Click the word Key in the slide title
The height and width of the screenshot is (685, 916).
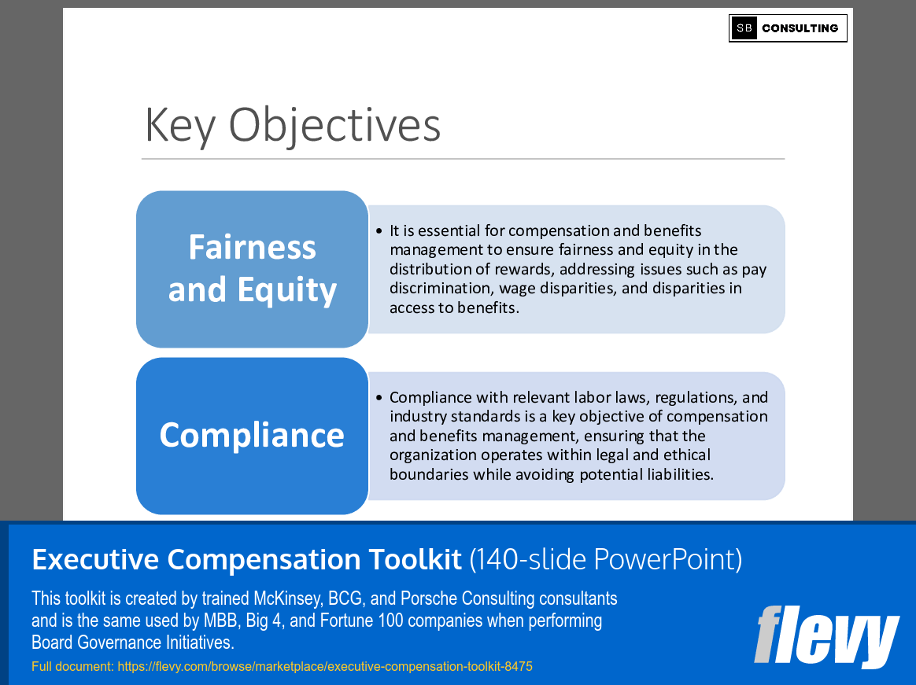pos(179,125)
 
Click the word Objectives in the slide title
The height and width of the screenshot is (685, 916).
pos(334,125)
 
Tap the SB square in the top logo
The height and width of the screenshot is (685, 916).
pos(744,28)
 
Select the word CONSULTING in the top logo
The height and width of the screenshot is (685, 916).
pos(800,28)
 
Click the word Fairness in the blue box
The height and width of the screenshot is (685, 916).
pos(252,248)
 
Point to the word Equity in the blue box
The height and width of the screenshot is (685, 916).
pos(287,290)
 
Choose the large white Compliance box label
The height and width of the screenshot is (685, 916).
pos(252,435)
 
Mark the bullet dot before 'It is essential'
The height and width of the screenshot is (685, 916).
pos(379,231)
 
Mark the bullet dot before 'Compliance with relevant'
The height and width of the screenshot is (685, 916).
pos(379,398)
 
